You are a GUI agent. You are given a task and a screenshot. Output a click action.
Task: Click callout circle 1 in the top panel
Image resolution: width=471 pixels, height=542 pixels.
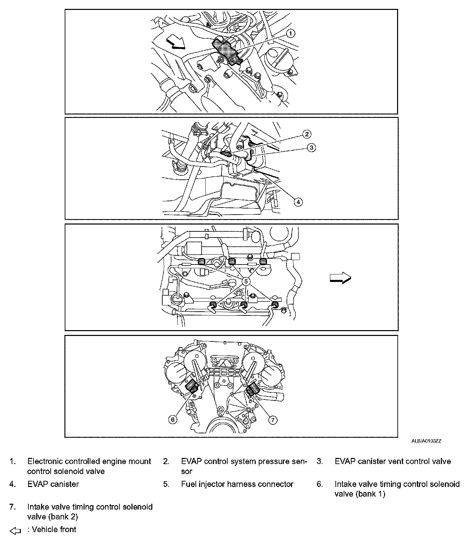click(x=290, y=33)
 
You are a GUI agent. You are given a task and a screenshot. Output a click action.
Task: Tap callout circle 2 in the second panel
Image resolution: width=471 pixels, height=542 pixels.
click(x=307, y=134)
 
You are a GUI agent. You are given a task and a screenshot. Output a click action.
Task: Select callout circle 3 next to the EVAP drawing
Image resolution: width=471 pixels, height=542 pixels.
click(x=311, y=148)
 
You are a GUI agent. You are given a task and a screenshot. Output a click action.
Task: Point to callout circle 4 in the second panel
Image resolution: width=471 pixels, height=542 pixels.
click(x=298, y=202)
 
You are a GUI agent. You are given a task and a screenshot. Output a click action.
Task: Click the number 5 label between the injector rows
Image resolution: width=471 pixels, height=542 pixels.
click(x=246, y=281)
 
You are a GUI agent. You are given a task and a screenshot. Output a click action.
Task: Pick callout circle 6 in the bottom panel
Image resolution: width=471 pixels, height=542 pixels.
click(x=173, y=419)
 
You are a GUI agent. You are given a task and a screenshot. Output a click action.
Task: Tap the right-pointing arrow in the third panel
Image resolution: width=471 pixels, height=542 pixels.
click(x=340, y=278)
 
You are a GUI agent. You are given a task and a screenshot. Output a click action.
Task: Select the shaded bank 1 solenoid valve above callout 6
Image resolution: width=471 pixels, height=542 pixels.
click(x=192, y=387)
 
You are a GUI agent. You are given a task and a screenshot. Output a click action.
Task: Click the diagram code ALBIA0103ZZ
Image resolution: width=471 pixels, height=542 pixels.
click(x=426, y=441)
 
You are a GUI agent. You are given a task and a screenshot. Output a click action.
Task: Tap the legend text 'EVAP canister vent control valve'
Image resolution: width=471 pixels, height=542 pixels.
click(x=393, y=461)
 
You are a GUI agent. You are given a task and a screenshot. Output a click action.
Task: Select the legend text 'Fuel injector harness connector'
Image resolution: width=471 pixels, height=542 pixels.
click(x=237, y=484)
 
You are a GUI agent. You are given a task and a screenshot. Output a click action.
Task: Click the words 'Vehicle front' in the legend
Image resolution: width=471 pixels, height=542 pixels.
click(x=54, y=529)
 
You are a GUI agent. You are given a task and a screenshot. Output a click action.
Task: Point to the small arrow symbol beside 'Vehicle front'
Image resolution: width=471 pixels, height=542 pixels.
click(x=15, y=531)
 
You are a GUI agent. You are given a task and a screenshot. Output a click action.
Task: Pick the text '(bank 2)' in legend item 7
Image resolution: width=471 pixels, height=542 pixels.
click(x=63, y=516)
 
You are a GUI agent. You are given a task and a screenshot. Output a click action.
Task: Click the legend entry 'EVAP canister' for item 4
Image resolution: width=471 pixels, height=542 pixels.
click(x=53, y=484)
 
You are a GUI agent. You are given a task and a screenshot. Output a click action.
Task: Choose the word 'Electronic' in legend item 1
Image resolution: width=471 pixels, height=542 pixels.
click(x=45, y=461)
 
